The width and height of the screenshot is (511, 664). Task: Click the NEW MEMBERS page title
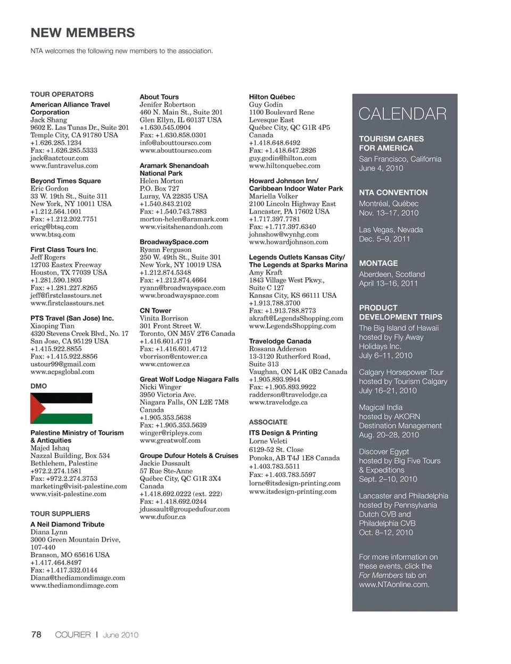(83, 32)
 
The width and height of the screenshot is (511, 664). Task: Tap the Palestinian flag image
(61, 408)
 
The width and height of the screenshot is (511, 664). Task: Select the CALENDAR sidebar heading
(402, 114)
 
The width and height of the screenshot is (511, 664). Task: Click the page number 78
(36, 634)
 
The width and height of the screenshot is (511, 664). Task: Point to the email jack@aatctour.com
(59, 158)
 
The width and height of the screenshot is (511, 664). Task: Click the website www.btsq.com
(53, 234)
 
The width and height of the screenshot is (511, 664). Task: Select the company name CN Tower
(155, 310)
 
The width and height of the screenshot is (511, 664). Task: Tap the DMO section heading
(38, 386)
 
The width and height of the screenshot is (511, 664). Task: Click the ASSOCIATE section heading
(268, 422)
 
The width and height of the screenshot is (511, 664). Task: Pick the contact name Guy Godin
(266, 105)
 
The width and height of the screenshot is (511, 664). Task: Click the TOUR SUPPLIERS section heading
(60, 514)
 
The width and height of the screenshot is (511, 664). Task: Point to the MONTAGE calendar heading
(378, 263)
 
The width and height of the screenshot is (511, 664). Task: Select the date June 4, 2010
(381, 168)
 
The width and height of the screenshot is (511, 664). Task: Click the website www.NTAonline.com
(394, 584)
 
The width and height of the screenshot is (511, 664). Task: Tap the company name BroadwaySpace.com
(174, 242)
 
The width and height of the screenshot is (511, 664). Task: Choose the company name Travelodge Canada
(280, 341)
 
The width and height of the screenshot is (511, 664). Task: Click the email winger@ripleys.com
(170, 433)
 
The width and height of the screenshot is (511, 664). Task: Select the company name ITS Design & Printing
(283, 433)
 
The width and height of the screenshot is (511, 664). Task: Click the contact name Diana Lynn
(49, 532)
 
